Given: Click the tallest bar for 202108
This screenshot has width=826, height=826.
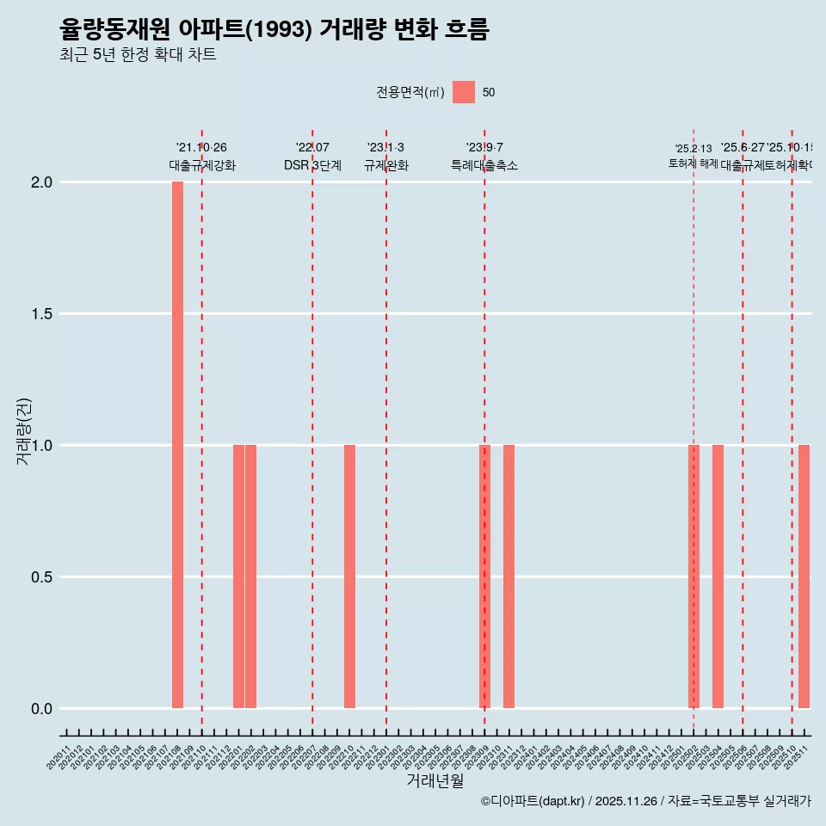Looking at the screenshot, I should tap(177, 445).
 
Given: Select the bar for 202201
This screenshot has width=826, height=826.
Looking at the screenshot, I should tap(238, 576).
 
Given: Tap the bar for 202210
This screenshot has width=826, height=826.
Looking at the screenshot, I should tap(349, 576).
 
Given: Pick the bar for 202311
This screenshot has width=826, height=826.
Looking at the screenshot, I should tap(509, 576).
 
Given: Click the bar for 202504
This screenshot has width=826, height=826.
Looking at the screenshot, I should tap(718, 576).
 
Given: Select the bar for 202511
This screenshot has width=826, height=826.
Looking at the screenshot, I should tap(804, 576).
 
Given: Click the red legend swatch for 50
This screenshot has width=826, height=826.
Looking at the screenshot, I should tap(464, 92).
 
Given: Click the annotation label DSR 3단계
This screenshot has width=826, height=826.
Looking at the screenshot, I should tap(312, 166).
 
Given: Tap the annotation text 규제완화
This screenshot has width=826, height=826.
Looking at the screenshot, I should tap(385, 166).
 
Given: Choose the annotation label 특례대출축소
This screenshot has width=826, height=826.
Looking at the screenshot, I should tap(484, 166).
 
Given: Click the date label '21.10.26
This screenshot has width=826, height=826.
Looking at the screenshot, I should tap(201, 148).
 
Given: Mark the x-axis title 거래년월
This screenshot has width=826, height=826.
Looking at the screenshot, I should tap(435, 781).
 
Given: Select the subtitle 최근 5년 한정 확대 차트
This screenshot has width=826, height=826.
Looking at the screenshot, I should tap(138, 55).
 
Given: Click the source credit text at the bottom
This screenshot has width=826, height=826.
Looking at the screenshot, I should tap(645, 801).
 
